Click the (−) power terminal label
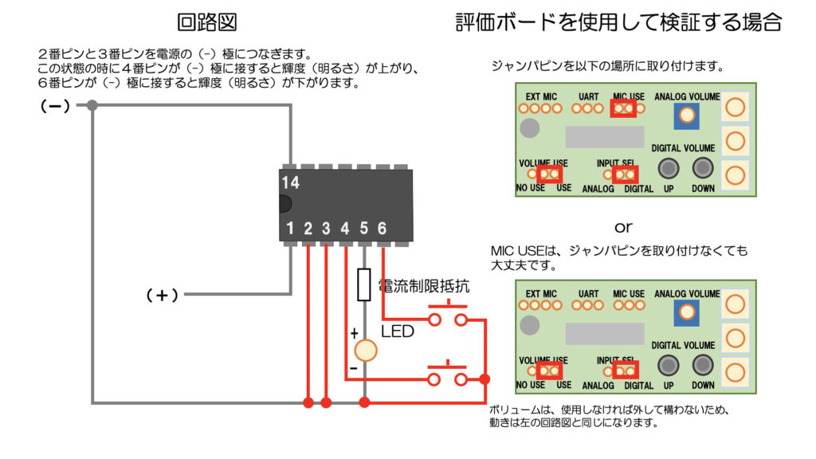click(x=56, y=106)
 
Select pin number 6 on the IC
click(x=382, y=229)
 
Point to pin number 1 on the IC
click(x=290, y=229)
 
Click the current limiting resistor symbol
click(x=364, y=284)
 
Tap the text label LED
click(x=398, y=331)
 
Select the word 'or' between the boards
click(x=623, y=227)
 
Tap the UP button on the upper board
click(x=668, y=167)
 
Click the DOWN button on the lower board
click(x=702, y=365)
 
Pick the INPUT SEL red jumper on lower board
click(x=626, y=370)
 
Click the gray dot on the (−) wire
click(x=92, y=106)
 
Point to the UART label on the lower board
click(x=589, y=294)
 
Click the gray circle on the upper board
click(x=529, y=127)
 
